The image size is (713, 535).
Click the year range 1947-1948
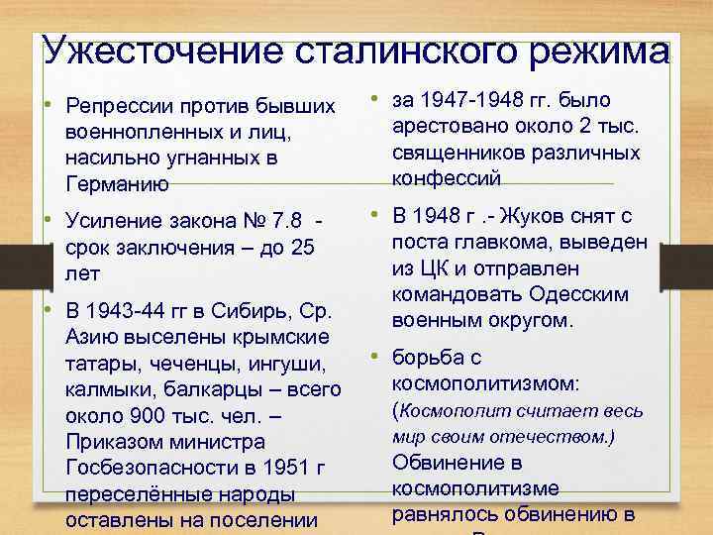point(471,100)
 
